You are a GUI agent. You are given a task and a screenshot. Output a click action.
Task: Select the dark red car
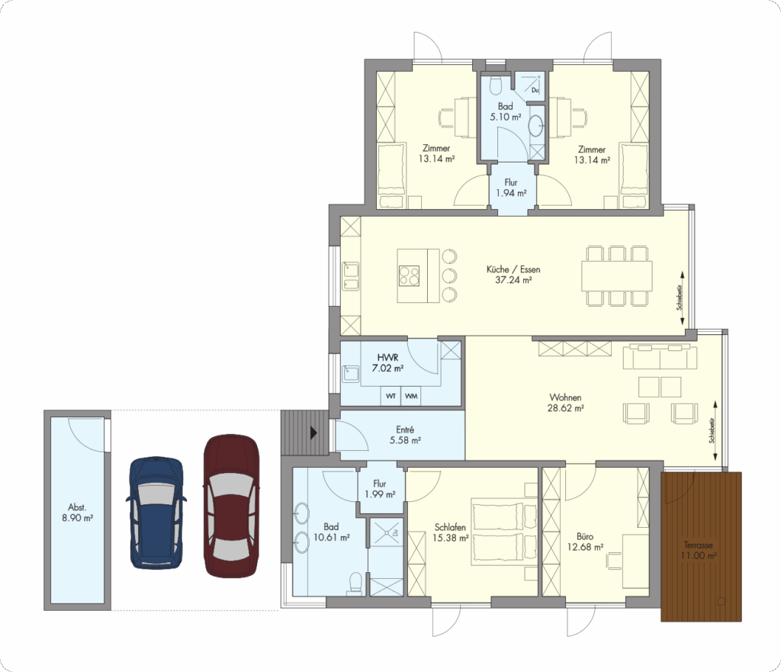coord(232,506)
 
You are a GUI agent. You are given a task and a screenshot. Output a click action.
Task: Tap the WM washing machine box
coord(411,396)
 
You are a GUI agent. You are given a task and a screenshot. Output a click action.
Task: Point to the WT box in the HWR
coord(391,396)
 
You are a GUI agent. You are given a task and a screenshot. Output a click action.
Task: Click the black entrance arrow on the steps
coord(313,432)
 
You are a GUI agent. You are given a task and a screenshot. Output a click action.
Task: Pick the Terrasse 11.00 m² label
coord(699,551)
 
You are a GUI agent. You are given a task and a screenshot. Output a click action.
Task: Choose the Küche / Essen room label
coord(513,275)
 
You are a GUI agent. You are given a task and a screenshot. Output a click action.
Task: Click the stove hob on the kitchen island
coord(409,275)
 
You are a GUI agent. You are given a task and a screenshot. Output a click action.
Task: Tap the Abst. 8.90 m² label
coord(77,513)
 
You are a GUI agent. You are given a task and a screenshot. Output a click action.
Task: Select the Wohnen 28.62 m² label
coord(565,403)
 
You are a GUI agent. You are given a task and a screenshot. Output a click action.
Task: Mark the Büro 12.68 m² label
coord(585,542)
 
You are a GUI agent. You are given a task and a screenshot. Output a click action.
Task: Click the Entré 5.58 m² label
coord(405,435)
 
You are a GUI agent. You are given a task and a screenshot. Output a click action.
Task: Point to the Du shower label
coord(535,90)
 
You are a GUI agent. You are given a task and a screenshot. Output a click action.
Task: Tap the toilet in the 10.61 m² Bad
coord(355,582)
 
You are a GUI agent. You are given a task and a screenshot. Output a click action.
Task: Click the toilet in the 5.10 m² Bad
coord(495,85)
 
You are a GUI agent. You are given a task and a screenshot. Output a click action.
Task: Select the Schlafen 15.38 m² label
coord(450,532)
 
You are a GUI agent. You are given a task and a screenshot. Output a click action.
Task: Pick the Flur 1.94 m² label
coord(511,188)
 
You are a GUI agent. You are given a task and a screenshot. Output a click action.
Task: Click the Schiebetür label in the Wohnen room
coord(712,430)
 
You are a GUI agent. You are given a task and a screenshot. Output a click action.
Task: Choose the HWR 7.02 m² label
coord(387,363)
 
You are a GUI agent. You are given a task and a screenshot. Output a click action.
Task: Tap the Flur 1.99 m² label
coord(380,489)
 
